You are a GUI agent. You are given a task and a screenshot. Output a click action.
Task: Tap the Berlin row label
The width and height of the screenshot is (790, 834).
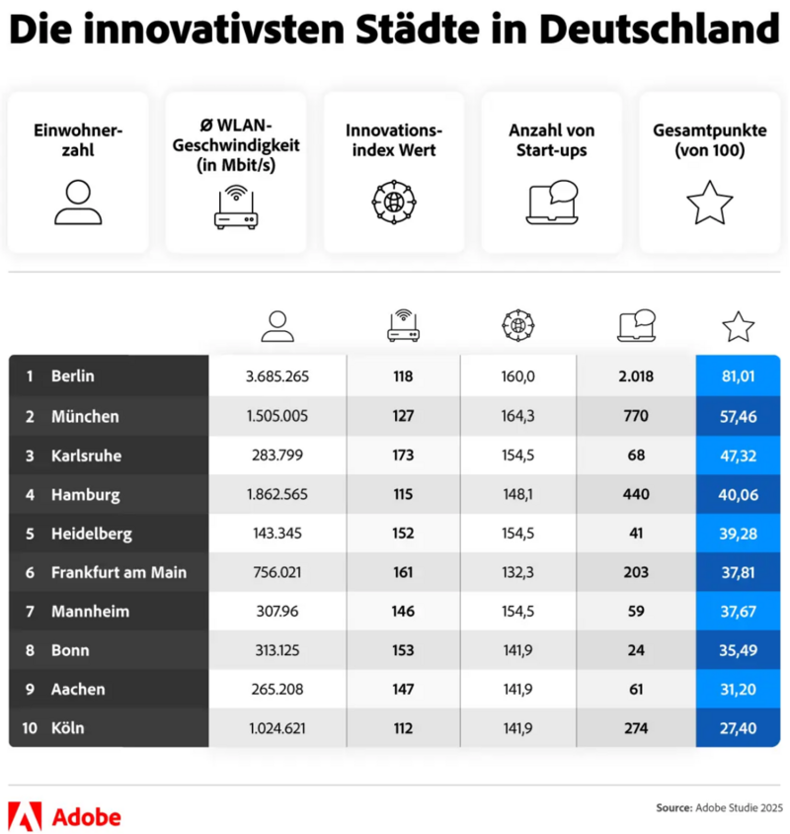coord(72,376)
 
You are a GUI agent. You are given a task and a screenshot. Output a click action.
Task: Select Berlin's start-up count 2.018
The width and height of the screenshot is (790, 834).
coord(635,376)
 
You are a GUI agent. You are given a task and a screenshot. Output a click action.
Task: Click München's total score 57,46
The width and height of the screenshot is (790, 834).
coord(738,416)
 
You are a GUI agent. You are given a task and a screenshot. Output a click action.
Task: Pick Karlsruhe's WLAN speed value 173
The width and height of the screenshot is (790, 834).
coord(402,456)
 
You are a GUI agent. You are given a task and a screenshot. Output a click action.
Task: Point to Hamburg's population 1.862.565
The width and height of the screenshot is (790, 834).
coord(277,494)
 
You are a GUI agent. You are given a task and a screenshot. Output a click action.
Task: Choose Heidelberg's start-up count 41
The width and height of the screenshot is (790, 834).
coord(635,534)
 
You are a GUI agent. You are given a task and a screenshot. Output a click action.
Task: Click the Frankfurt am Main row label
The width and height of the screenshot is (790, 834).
coord(118,572)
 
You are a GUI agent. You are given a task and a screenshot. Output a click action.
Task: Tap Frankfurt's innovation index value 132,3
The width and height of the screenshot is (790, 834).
coord(517,572)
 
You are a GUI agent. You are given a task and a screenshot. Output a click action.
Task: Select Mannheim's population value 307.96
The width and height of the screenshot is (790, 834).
coord(277,612)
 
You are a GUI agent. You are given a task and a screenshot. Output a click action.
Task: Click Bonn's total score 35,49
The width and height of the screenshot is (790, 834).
coord(738,650)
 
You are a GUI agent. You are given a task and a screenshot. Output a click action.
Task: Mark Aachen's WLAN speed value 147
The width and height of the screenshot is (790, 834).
coord(402,689)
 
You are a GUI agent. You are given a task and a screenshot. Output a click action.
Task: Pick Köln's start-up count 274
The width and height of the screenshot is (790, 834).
coord(635,728)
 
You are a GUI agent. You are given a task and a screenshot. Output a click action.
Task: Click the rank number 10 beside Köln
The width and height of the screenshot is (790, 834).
coord(30,728)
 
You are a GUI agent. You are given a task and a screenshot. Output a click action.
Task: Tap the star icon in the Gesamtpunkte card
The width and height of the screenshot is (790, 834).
coord(709,203)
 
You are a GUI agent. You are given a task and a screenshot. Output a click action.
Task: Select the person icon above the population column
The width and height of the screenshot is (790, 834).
coord(277,325)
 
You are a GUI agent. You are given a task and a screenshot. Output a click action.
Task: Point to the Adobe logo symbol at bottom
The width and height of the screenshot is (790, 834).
coord(24,816)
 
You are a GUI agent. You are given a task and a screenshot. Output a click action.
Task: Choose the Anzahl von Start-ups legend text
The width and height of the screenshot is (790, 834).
coord(551,140)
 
